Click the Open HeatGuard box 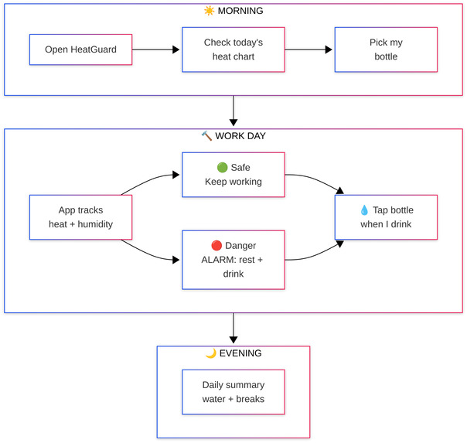click(x=80, y=49)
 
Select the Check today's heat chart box click(x=233, y=49)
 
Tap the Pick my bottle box click(x=386, y=49)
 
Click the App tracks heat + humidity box click(x=80, y=217)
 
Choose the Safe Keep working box click(x=233, y=175)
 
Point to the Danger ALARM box click(x=233, y=260)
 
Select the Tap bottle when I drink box click(x=386, y=217)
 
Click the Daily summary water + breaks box click(x=233, y=392)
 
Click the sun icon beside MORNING click(x=209, y=11)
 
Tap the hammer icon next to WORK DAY click(x=206, y=136)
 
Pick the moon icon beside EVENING click(x=210, y=353)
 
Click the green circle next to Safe click(x=222, y=167)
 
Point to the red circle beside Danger click(x=216, y=246)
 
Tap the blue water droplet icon click(x=364, y=210)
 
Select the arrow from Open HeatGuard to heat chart click(x=155, y=49)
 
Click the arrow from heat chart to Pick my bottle click(x=308, y=49)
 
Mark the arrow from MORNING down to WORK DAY click(x=233, y=111)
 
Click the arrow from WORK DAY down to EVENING click(x=233, y=328)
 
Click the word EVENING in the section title click(x=240, y=353)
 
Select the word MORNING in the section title click(x=240, y=11)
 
